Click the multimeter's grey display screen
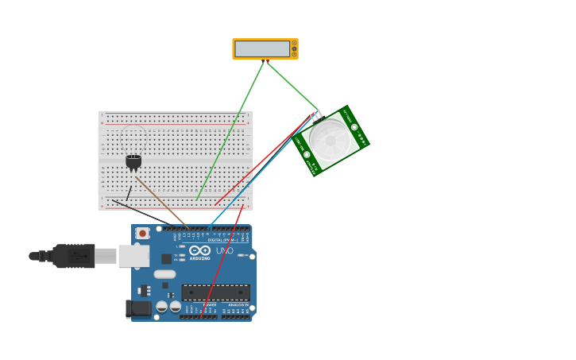pyautogui.click(x=261, y=48)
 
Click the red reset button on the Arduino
pyautogui.click(x=142, y=233)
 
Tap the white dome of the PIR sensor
pyautogui.click(x=330, y=140)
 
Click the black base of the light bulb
pyautogui.click(x=133, y=161)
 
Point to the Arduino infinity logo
pyautogui.click(x=199, y=250)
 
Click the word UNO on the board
pyautogui.click(x=225, y=251)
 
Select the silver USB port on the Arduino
pyautogui.click(x=133, y=256)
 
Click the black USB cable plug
pyautogui.click(x=74, y=256)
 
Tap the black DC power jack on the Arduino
pyautogui.click(x=139, y=309)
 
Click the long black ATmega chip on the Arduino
pyautogui.click(x=215, y=292)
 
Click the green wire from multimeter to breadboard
pyautogui.click(x=230, y=131)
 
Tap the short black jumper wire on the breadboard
pyautogui.click(x=129, y=193)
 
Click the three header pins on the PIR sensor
pyautogui.click(x=315, y=115)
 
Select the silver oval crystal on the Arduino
pyautogui.click(x=164, y=274)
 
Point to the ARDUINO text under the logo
pyautogui.click(x=199, y=258)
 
